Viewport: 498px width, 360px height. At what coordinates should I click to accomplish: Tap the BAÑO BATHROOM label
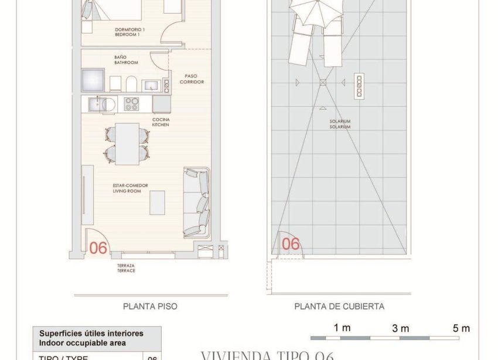[126, 60]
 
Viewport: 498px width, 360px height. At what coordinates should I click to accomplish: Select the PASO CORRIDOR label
[194, 79]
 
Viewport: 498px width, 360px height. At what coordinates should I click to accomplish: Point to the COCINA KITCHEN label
[161, 122]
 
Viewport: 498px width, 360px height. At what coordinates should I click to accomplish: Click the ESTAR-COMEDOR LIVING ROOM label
[130, 188]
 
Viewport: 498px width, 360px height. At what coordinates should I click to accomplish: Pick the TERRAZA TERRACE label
[126, 268]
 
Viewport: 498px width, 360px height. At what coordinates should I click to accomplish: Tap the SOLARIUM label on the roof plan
[340, 124]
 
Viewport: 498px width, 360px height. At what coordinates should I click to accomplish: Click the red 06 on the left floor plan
[98, 248]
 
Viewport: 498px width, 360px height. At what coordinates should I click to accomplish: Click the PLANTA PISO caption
[150, 306]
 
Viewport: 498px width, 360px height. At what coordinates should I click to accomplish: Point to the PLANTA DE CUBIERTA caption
[339, 306]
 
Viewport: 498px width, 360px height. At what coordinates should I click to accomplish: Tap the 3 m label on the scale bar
[401, 328]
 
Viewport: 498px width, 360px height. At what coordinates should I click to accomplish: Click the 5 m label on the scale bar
[461, 328]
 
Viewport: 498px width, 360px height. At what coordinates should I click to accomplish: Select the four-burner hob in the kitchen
[132, 104]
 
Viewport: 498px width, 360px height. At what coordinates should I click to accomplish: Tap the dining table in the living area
[127, 144]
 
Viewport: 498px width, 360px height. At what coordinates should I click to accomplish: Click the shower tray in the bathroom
[93, 80]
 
